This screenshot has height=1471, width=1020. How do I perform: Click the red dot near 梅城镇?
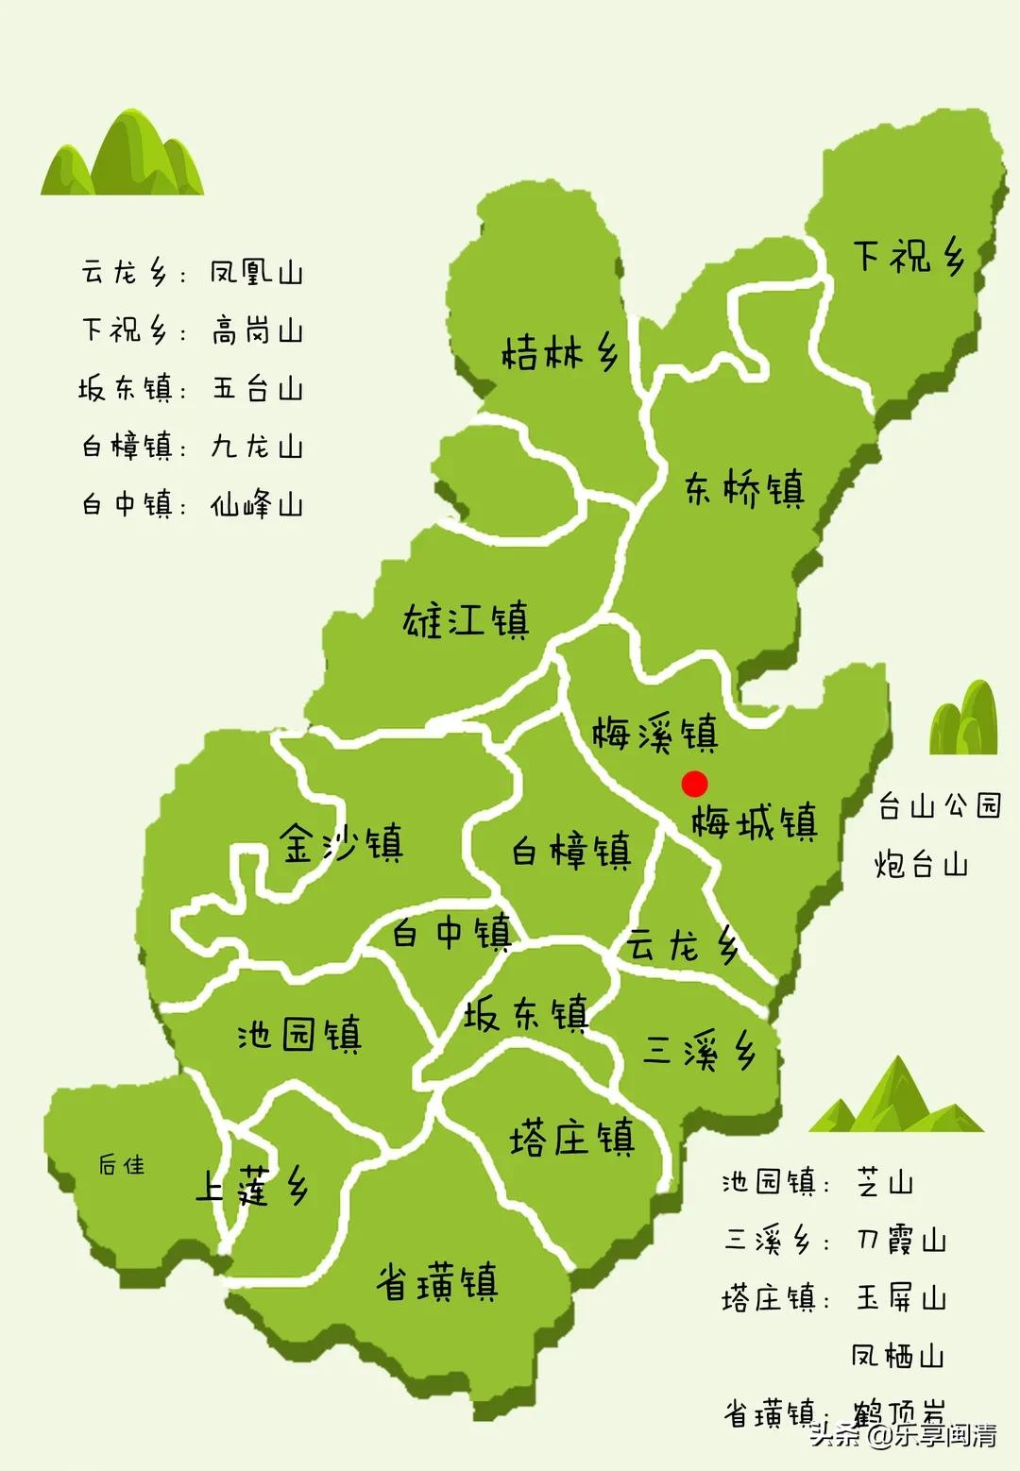(694, 784)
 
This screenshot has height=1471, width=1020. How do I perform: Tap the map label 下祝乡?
(909, 255)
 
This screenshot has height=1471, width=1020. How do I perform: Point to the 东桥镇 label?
(745, 489)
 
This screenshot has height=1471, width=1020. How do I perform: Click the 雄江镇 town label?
(467, 620)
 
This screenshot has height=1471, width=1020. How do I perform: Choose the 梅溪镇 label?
(654, 734)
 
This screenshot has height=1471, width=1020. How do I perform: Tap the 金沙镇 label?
(342, 843)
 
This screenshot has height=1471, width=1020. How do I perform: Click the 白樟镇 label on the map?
(571, 851)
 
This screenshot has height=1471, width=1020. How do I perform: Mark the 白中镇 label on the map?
(451, 933)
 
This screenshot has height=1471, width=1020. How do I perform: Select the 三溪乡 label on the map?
(699, 1050)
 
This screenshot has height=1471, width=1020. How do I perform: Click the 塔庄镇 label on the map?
(571, 1138)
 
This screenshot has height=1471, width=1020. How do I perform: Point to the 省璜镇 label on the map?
(436, 1282)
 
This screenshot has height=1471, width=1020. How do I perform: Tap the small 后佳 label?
(122, 1165)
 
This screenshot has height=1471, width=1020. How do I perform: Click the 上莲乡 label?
(251, 1187)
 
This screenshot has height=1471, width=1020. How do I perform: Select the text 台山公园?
(939, 805)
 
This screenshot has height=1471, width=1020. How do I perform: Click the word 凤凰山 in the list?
(256, 273)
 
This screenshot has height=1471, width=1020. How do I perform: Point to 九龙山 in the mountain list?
(256, 446)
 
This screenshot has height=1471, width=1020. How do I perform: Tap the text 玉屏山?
(900, 1298)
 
